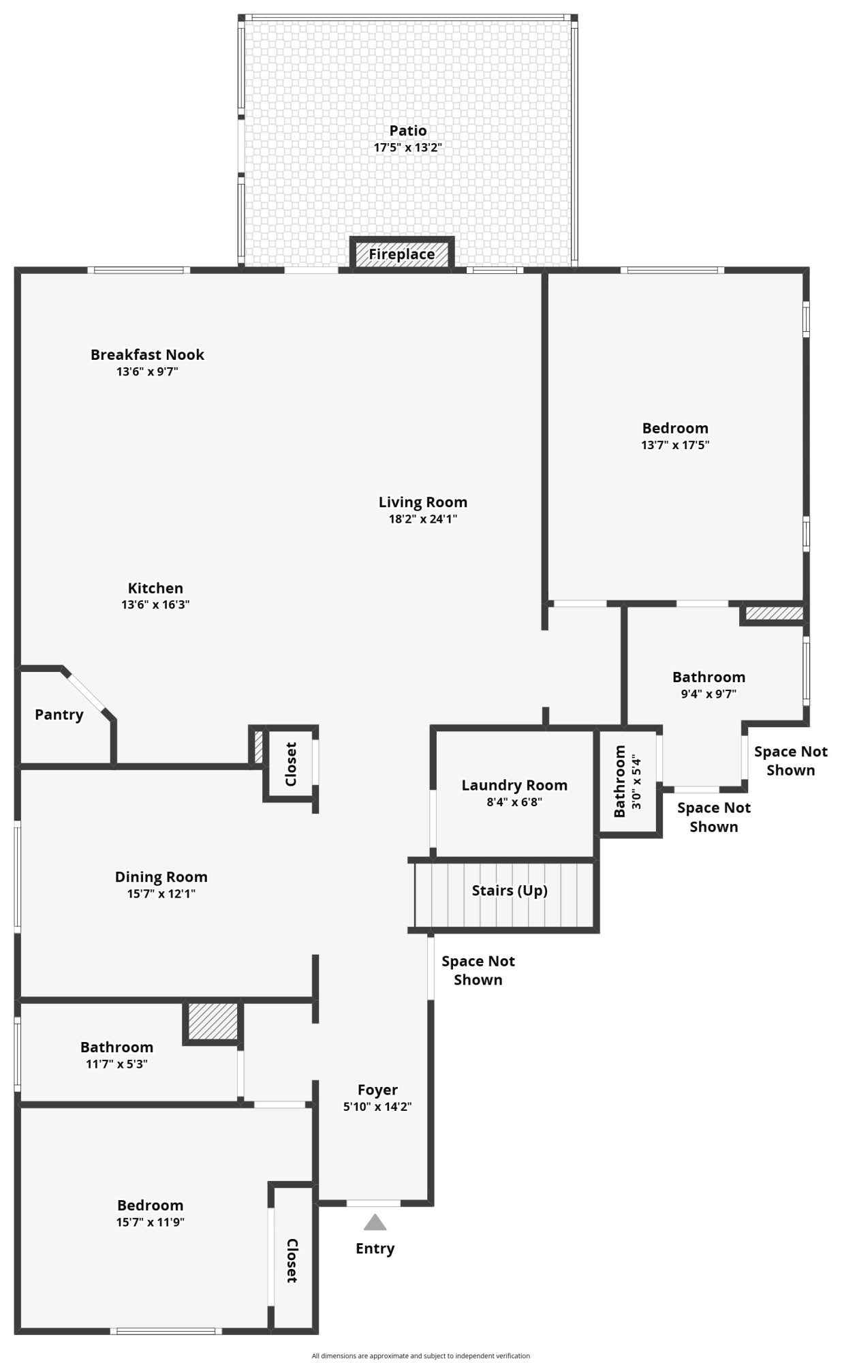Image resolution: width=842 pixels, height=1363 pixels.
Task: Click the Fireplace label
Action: pyautogui.click(x=402, y=255)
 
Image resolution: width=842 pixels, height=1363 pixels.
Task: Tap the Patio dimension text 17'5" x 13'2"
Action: pyautogui.click(x=408, y=147)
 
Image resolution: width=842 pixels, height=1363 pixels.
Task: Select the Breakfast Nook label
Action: pyautogui.click(x=147, y=354)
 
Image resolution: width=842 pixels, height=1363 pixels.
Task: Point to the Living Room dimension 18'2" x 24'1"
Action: pyautogui.click(x=422, y=519)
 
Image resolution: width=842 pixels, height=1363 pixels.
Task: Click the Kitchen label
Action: pyautogui.click(x=155, y=588)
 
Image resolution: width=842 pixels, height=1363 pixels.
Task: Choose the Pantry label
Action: pyautogui.click(x=59, y=715)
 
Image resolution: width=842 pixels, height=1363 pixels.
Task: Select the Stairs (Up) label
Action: pyautogui.click(x=510, y=891)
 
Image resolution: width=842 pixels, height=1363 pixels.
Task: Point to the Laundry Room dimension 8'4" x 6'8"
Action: pyautogui.click(x=514, y=802)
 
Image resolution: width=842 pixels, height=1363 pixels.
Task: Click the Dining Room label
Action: pyautogui.click(x=161, y=877)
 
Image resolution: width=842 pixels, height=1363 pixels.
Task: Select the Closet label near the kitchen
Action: pyautogui.click(x=291, y=765)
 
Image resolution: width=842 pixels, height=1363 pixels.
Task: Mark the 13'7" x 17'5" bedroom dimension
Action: pyautogui.click(x=675, y=445)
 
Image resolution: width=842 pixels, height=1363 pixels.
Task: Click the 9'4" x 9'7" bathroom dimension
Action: pyautogui.click(x=708, y=694)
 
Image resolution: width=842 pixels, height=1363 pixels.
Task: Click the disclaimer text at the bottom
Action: pyautogui.click(x=421, y=1356)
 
